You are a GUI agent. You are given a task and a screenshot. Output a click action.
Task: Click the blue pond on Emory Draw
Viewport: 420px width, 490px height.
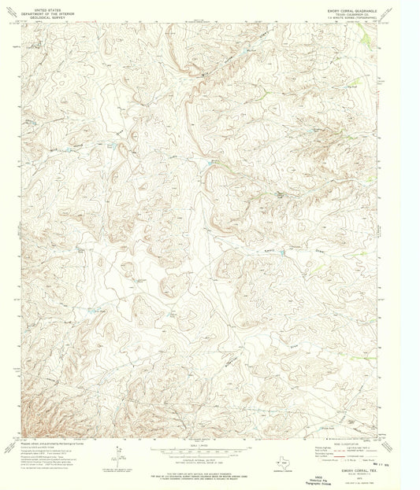point(282,253)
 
